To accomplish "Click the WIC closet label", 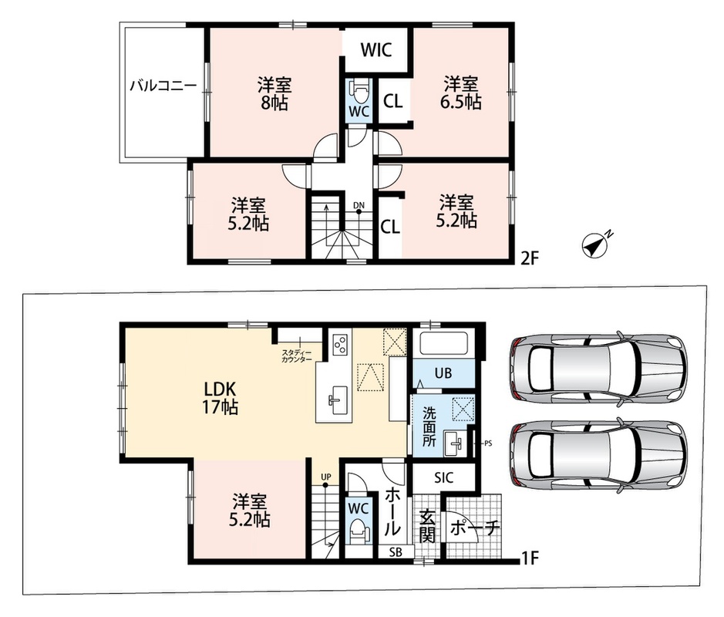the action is pos(375,49).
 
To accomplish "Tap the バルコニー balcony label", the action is pos(163,86).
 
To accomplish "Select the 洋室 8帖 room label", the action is pos(274,94).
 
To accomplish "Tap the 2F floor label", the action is pos(530,258).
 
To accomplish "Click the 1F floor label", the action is pos(530,558).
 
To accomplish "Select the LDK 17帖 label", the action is pos(221,398).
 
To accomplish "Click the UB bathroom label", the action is pos(443,373).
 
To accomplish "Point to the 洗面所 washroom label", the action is pos(429,426).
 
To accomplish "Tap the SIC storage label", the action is pos(443,477).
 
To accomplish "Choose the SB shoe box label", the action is pos(396,551).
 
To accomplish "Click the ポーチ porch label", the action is pos(475,528).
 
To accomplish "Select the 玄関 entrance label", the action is pos(427,527).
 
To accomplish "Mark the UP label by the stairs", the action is pos(326,476).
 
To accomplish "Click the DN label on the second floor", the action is pos(359,205).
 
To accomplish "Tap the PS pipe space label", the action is pos(488,443).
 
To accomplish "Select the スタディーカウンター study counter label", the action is pos(297,356).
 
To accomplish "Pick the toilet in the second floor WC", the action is pos(359,92).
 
